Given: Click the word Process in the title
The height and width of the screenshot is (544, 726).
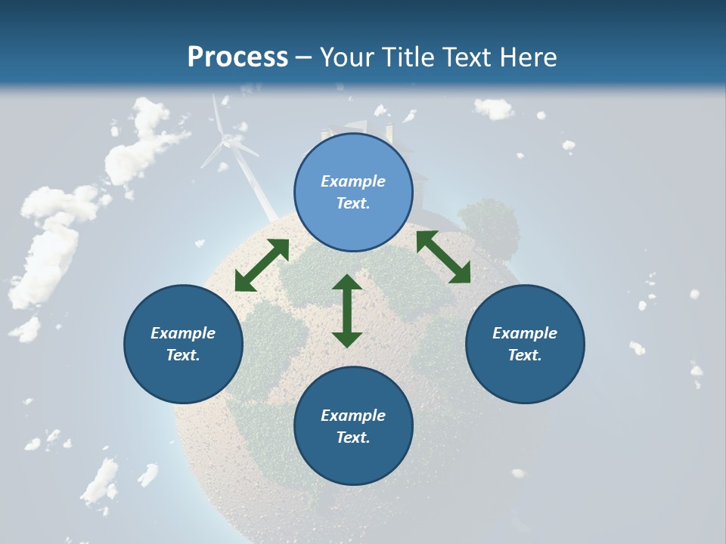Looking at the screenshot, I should (x=237, y=57).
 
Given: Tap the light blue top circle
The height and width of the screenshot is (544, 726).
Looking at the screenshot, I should (x=353, y=192).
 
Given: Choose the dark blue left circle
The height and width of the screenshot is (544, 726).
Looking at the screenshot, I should (x=183, y=344).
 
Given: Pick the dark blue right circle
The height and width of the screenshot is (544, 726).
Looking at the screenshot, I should (x=525, y=344).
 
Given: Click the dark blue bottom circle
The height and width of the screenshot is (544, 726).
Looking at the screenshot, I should (x=353, y=426).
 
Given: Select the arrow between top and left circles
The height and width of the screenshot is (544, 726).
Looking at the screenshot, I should (x=262, y=265).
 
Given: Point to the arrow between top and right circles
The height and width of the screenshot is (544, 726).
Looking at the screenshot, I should (x=443, y=256).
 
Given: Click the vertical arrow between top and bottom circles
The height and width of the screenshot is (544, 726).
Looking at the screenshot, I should (x=347, y=311).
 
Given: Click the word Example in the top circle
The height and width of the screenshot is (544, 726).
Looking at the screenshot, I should (x=353, y=181).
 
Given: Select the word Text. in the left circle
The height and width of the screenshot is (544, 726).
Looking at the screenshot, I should (x=183, y=355).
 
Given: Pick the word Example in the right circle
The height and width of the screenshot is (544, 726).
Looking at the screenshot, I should (x=525, y=333).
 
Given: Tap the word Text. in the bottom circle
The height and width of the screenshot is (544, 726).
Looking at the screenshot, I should (x=353, y=437).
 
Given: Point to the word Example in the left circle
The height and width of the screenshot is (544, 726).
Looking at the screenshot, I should (x=183, y=333).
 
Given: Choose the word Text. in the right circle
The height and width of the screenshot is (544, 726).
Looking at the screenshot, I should (x=525, y=355).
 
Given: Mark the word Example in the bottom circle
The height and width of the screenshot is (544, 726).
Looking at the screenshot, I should (x=353, y=416).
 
